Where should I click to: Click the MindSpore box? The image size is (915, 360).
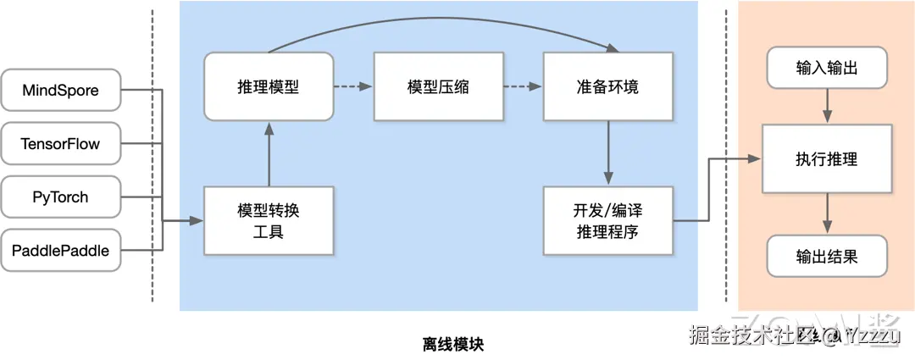60,90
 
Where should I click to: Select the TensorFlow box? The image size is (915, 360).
60,144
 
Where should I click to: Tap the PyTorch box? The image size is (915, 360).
60,197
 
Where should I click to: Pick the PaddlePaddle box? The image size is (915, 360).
60,251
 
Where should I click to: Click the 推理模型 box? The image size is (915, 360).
268,87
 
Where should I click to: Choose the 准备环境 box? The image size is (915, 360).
607,87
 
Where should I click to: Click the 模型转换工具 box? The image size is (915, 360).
268,220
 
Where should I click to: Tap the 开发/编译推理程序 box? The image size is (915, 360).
607,220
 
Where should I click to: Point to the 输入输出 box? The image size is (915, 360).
827,69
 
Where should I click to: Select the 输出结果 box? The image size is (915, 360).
827,256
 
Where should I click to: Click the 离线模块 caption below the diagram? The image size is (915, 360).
452,345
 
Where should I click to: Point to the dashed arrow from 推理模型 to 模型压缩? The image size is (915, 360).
352,86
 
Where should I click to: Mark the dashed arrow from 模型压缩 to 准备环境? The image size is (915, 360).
522,86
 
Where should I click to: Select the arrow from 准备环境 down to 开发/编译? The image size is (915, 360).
607,152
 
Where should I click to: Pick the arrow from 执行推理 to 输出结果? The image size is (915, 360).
828,213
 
